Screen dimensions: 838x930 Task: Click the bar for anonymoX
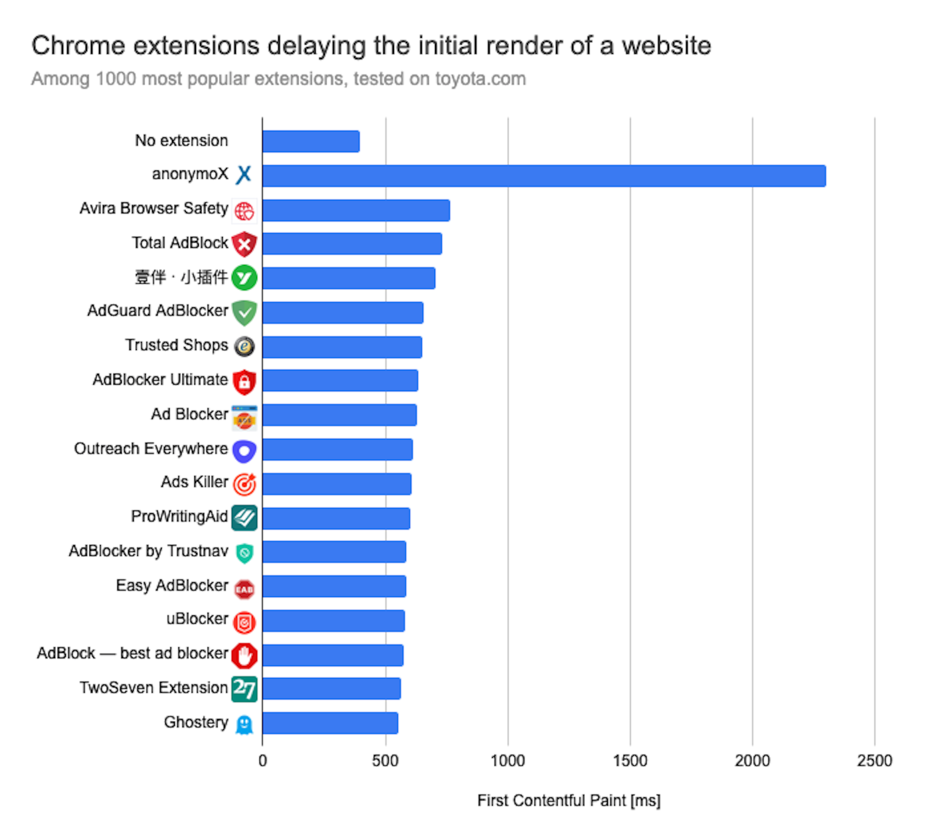pyautogui.click(x=543, y=176)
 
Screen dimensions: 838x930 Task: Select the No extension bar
pyautogui.click(x=311, y=141)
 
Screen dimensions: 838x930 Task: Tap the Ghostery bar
pyautogui.click(x=330, y=723)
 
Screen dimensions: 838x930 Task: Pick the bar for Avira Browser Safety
pyautogui.click(x=356, y=210)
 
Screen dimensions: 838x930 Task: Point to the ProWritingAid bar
pyautogui.click(x=336, y=518)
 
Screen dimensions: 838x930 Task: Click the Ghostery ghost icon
pyautogui.click(x=244, y=724)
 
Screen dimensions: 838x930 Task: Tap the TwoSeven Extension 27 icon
pyautogui.click(x=244, y=689)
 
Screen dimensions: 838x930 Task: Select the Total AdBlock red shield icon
pyautogui.click(x=244, y=244)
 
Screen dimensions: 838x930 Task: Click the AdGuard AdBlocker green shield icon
pyautogui.click(x=244, y=312)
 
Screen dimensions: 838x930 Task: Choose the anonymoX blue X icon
pyautogui.click(x=244, y=175)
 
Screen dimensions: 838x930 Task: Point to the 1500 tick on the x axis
pyautogui.click(x=630, y=761)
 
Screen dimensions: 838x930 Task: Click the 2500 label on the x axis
pyautogui.click(x=874, y=761)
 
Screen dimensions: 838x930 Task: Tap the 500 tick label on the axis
pyautogui.click(x=385, y=761)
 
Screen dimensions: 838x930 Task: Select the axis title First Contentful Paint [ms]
pyautogui.click(x=569, y=801)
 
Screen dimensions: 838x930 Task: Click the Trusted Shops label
pyautogui.click(x=177, y=345)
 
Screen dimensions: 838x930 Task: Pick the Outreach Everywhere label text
pyautogui.click(x=151, y=449)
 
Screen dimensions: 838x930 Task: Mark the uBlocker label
pyautogui.click(x=197, y=619)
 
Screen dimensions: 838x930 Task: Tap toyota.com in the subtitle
pyautogui.click(x=480, y=79)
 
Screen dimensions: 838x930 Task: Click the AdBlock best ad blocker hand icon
pyautogui.click(x=244, y=655)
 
